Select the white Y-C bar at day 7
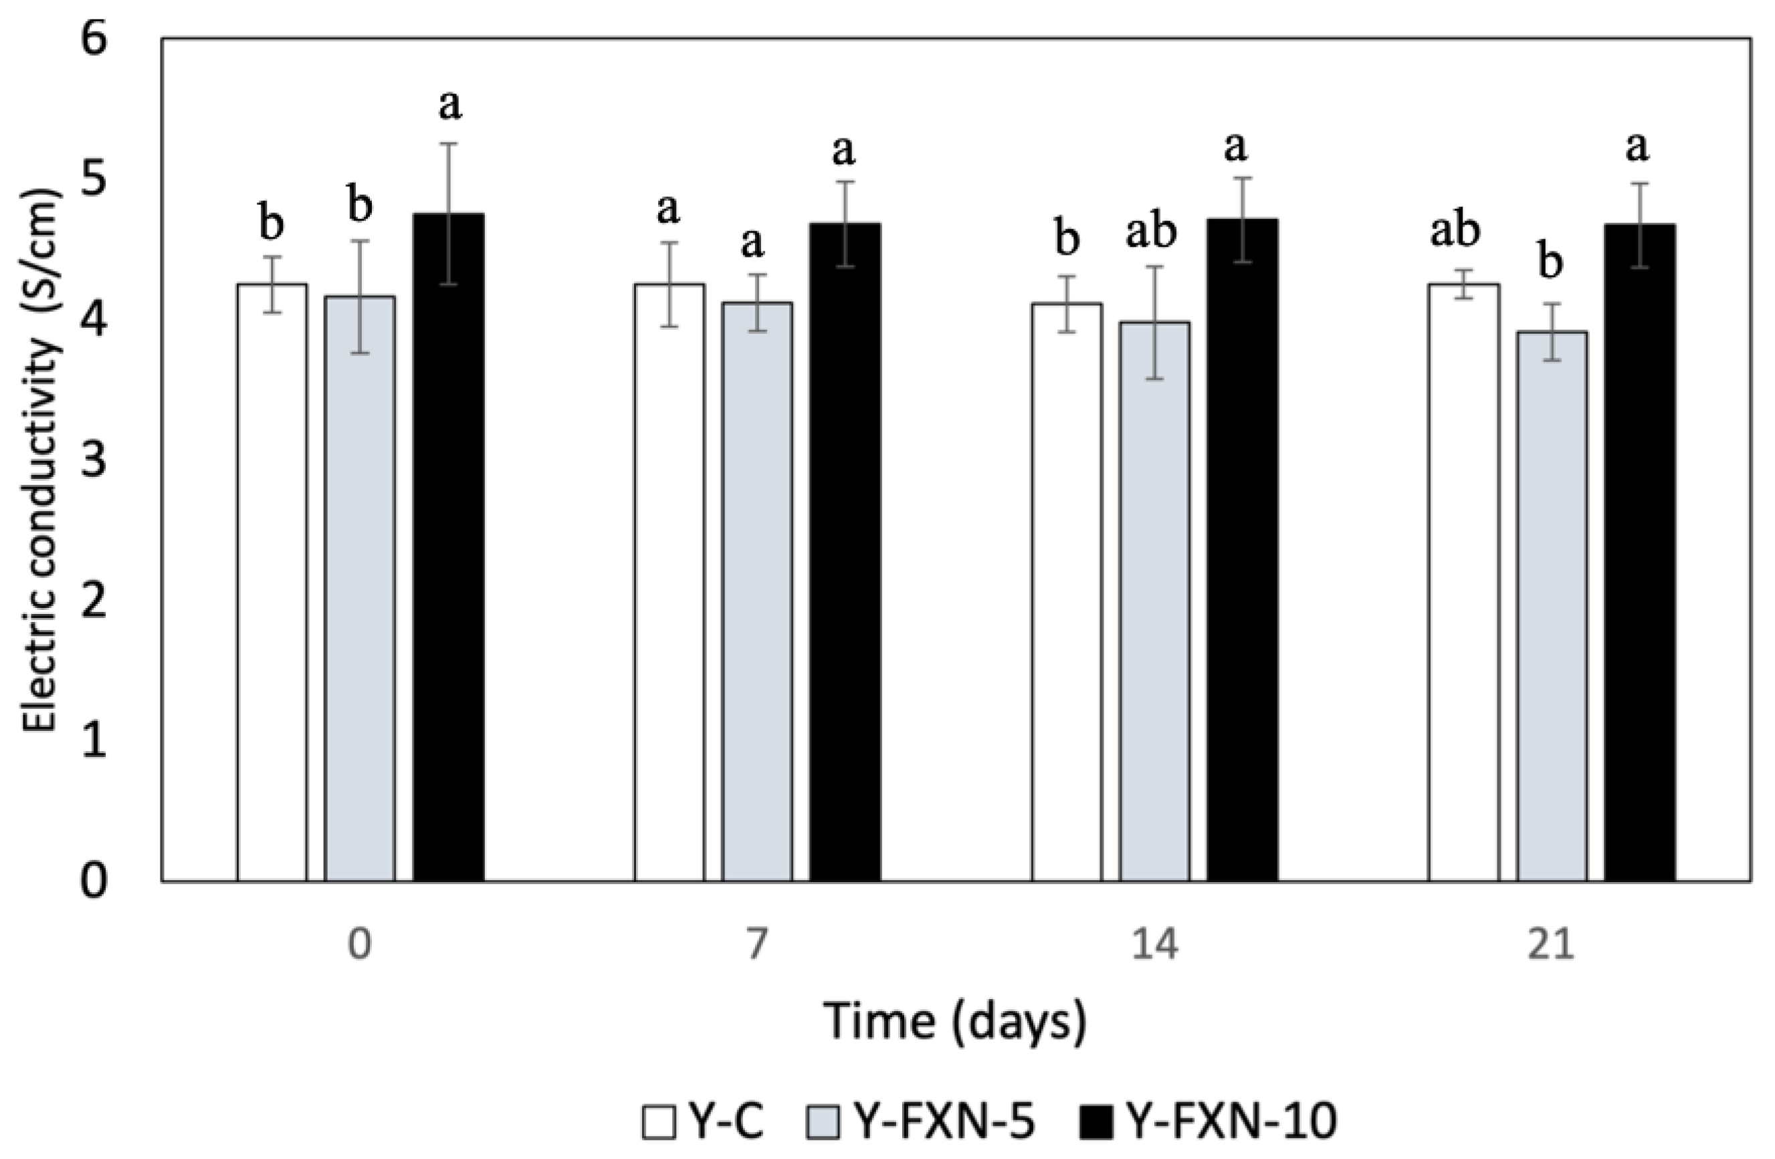[669, 582]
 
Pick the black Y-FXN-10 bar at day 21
[1640, 552]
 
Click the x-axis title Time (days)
[955, 1021]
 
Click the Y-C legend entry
[704, 1121]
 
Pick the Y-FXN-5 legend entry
[921, 1121]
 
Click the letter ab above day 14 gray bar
[1151, 231]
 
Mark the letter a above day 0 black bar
[449, 104]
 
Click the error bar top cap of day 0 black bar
[448, 143]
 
